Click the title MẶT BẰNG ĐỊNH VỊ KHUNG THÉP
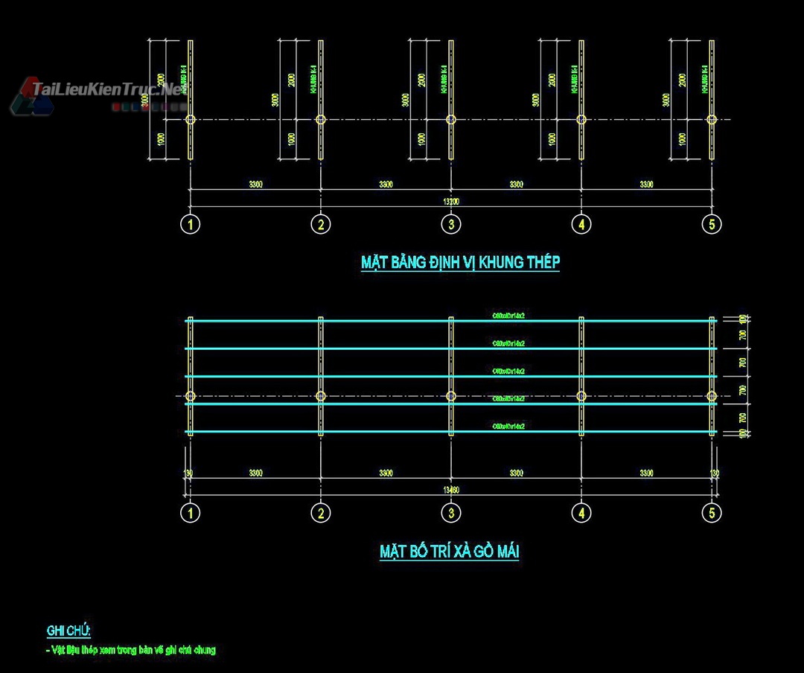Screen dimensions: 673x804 click(x=460, y=262)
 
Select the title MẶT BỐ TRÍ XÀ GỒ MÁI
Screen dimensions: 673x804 click(x=449, y=552)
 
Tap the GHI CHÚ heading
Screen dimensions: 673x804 click(x=68, y=631)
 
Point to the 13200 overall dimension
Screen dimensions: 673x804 click(x=451, y=201)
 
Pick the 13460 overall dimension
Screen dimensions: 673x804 click(x=451, y=489)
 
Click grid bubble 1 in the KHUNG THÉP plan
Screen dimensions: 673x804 click(x=191, y=224)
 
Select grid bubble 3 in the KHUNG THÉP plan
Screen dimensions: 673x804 click(x=451, y=224)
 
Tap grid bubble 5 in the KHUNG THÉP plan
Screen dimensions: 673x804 click(x=712, y=224)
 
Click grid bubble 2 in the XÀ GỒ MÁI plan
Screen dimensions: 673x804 click(x=321, y=513)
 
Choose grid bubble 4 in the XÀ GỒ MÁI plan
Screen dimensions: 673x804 click(x=581, y=513)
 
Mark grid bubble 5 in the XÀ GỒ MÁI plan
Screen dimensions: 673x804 click(x=712, y=513)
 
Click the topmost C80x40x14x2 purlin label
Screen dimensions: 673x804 click(x=509, y=316)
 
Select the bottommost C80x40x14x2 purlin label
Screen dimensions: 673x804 click(x=509, y=426)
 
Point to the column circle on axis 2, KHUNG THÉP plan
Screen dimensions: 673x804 click(x=321, y=119)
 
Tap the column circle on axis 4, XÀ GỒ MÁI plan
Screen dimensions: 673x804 click(x=581, y=396)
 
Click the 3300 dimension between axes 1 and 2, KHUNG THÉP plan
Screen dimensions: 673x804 click(x=255, y=184)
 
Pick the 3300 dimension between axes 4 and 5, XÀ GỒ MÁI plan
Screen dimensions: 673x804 click(x=646, y=473)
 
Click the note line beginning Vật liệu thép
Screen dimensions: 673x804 click(x=131, y=650)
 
